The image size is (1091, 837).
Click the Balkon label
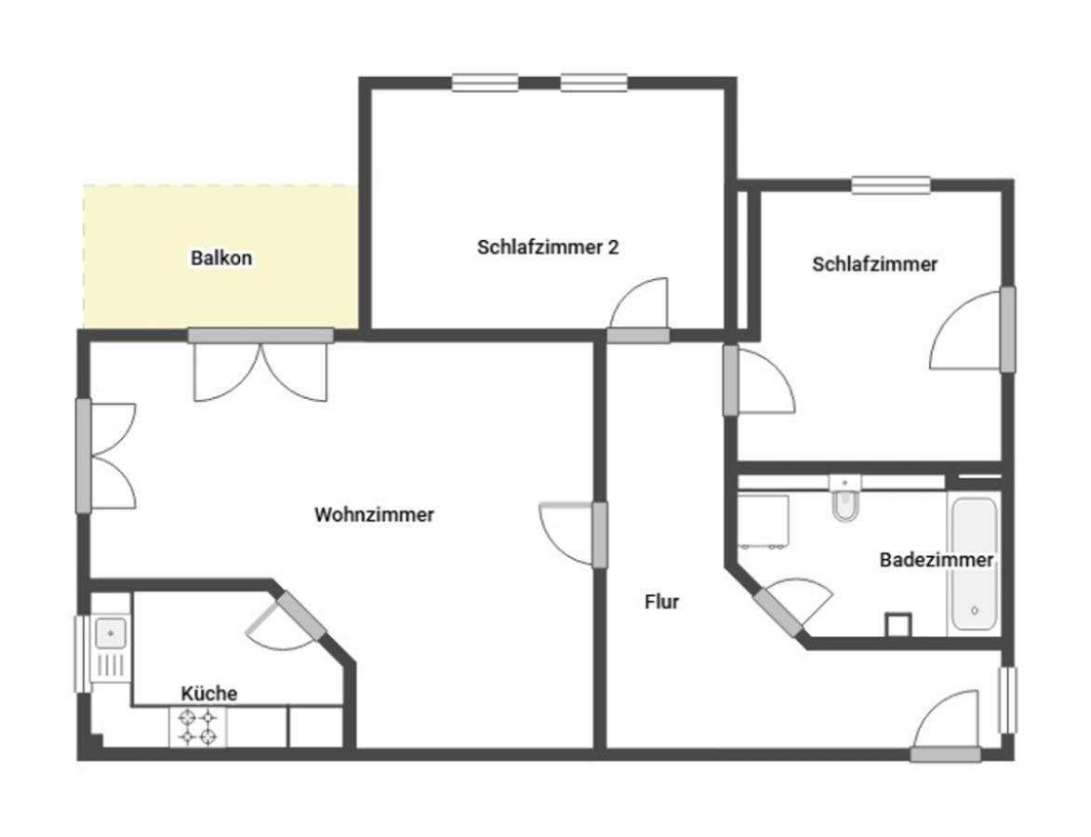[221, 259]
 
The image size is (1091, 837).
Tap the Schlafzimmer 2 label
[548, 247]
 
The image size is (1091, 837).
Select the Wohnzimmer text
[374, 515]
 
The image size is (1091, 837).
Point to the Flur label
[661, 602]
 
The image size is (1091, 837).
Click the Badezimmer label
[937, 560]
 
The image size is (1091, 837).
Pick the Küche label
[208, 694]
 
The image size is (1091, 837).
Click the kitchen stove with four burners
[197, 727]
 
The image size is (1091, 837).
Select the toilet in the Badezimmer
[845, 499]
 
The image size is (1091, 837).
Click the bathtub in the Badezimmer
[974, 564]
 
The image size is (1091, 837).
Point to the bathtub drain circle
[974, 611]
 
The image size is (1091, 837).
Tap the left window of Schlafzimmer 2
[485, 83]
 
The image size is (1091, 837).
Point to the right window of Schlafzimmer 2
[594, 83]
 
